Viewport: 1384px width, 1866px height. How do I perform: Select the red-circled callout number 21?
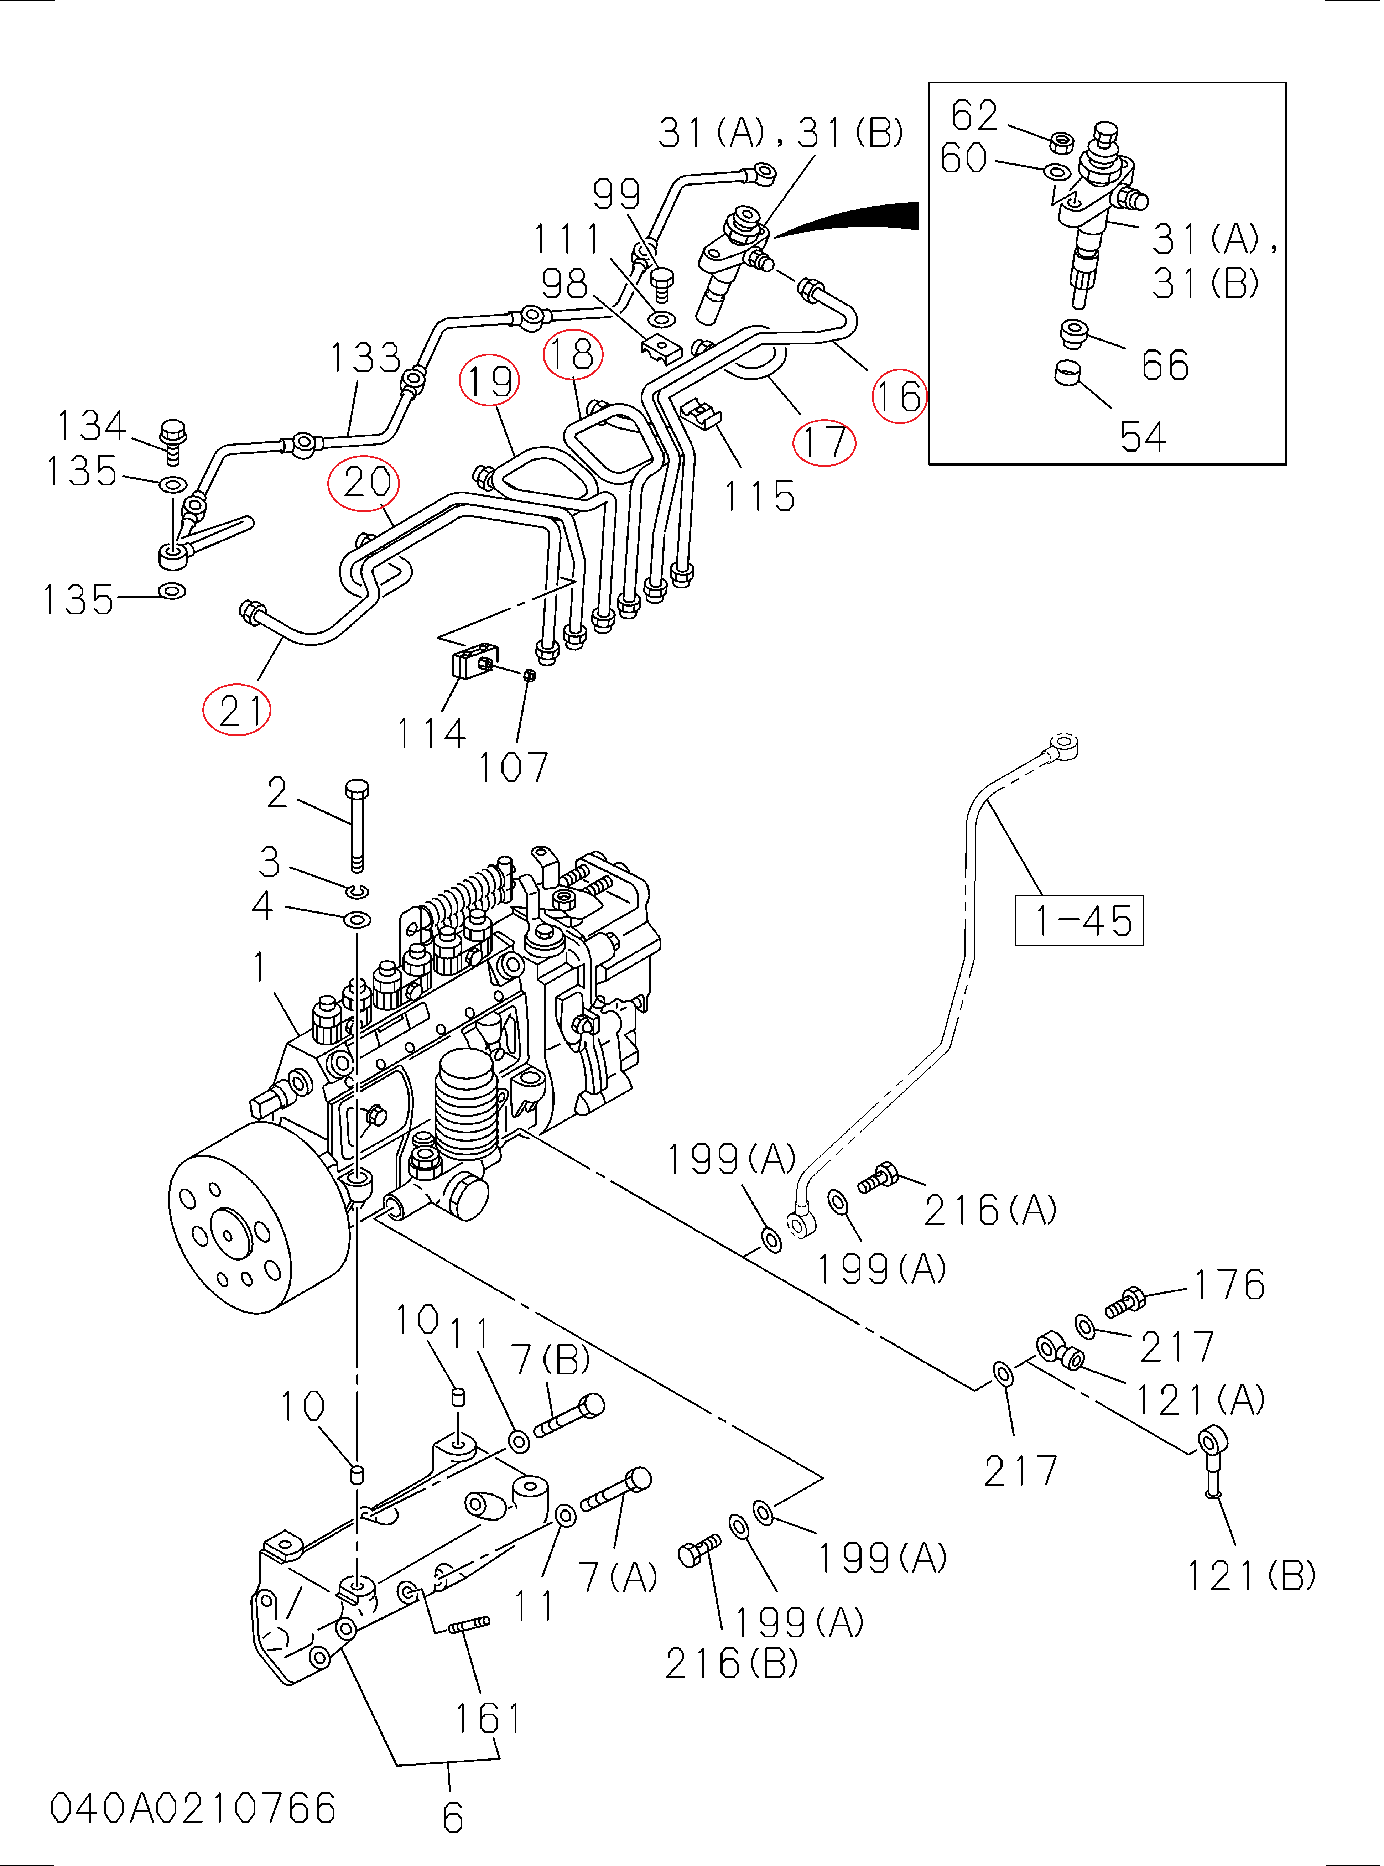tap(237, 711)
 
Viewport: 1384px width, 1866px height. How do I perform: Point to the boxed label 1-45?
tap(1079, 920)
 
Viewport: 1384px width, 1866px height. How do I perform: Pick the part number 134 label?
tap(90, 426)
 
